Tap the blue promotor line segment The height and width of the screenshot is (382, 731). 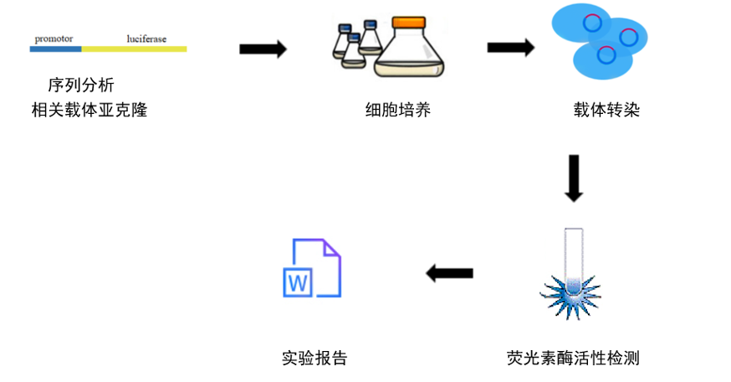(x=55, y=49)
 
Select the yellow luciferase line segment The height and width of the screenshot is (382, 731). (x=134, y=49)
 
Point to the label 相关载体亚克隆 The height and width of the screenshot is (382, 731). (x=89, y=109)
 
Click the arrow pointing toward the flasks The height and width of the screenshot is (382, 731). (x=263, y=49)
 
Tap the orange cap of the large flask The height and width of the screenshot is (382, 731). (x=411, y=23)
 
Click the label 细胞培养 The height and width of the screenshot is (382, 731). (x=398, y=109)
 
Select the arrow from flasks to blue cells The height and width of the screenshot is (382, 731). (x=510, y=49)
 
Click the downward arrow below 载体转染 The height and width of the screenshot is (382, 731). (x=573, y=178)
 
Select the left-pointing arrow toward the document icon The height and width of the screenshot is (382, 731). (x=450, y=273)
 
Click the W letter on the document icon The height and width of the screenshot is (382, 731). (x=298, y=282)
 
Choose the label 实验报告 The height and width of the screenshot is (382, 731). (x=314, y=358)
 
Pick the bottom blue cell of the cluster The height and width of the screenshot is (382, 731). (x=602, y=59)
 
